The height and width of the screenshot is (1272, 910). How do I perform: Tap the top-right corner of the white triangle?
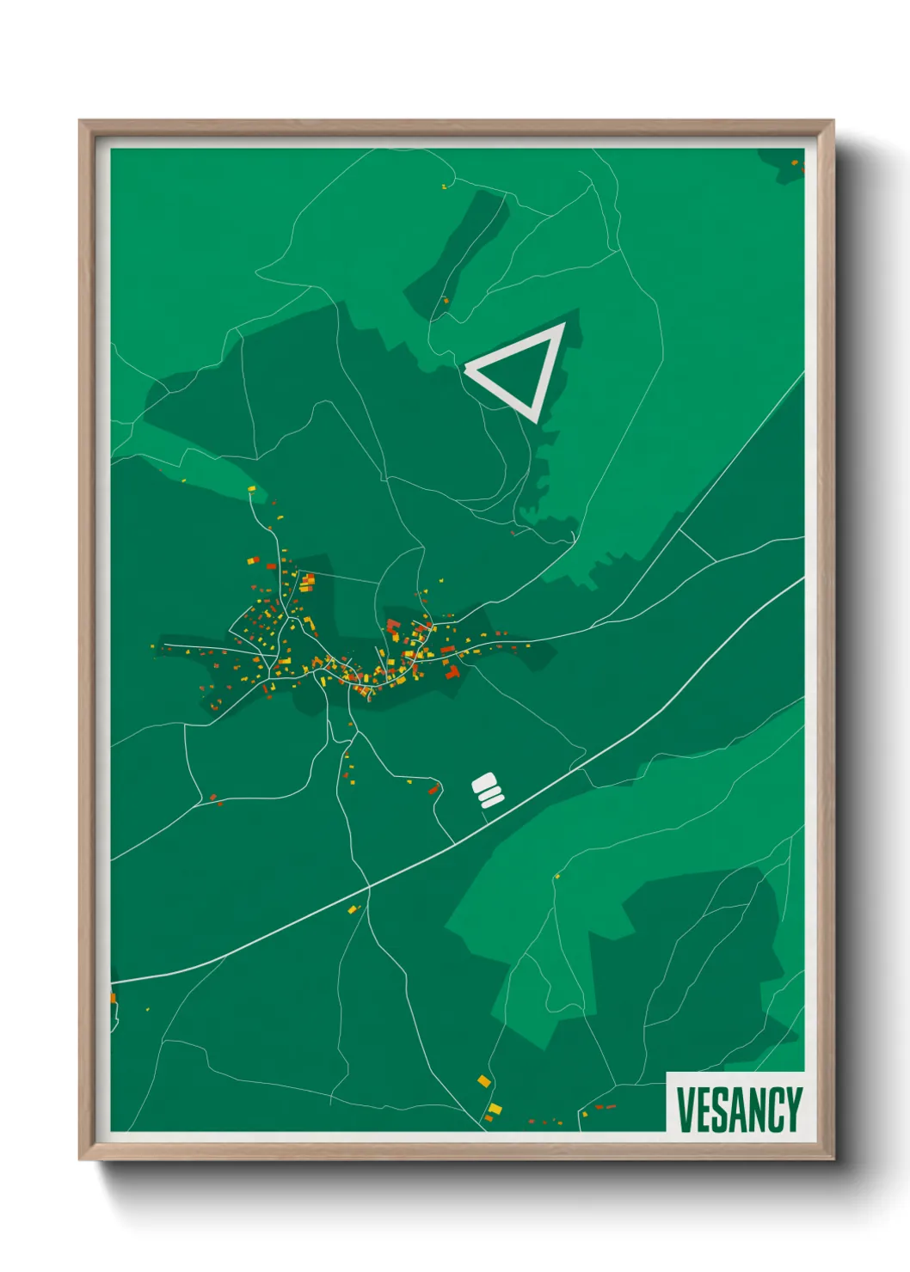[x=560, y=327]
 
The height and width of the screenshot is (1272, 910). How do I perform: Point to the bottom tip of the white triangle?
[x=537, y=419]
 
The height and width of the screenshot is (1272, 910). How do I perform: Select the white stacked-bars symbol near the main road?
[x=488, y=791]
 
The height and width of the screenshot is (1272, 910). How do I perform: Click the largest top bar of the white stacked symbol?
[x=485, y=781]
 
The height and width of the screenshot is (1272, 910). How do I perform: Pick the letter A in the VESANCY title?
[x=738, y=1110]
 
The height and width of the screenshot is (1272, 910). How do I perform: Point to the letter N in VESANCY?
[x=757, y=1110]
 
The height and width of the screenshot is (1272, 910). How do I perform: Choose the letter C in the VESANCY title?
[x=776, y=1110]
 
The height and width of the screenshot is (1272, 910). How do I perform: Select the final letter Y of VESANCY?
[x=794, y=1110]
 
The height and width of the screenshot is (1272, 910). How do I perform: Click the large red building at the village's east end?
[x=452, y=671]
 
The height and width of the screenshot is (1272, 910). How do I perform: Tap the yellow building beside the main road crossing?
[x=352, y=908]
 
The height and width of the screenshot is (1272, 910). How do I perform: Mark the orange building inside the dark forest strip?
[x=446, y=300]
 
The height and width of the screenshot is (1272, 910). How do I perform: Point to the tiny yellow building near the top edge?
[x=444, y=186]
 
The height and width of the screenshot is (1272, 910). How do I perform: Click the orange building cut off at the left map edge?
[x=113, y=998]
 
